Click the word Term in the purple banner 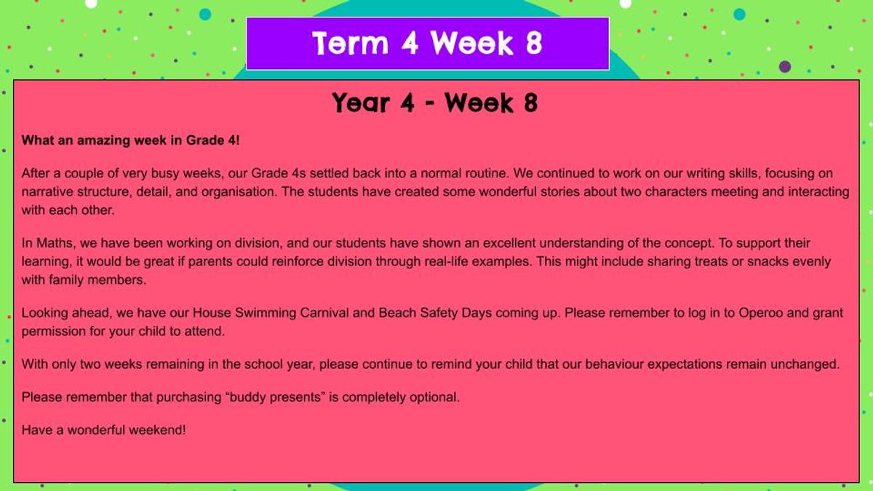tap(351, 43)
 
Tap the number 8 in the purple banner tap(533, 43)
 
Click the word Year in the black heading tap(361, 103)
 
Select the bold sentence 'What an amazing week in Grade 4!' tap(130, 140)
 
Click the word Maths tap(56, 243)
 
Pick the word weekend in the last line tap(155, 430)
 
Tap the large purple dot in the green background tap(785, 67)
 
